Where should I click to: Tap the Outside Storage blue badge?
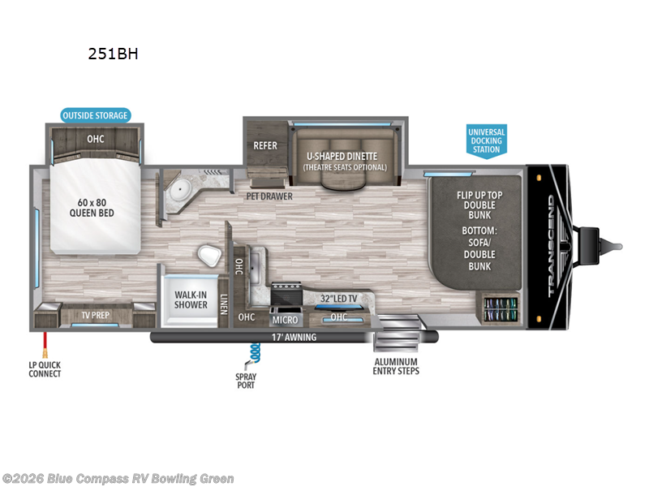pyautogui.click(x=96, y=115)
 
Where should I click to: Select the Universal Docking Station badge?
pyautogui.click(x=486, y=140)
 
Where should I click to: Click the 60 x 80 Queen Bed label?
pyautogui.click(x=91, y=208)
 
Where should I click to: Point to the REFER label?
pyautogui.click(x=265, y=146)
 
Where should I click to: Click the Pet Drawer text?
pyautogui.click(x=270, y=196)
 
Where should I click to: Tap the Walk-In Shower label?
pyautogui.click(x=191, y=300)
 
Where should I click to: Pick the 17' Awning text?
pyautogui.click(x=294, y=337)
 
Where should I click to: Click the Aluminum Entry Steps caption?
pyautogui.click(x=396, y=366)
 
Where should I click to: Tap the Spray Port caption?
pyautogui.click(x=246, y=380)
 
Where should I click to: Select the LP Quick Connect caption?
pyautogui.click(x=45, y=369)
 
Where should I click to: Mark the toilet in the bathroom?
pyautogui.click(x=209, y=256)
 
